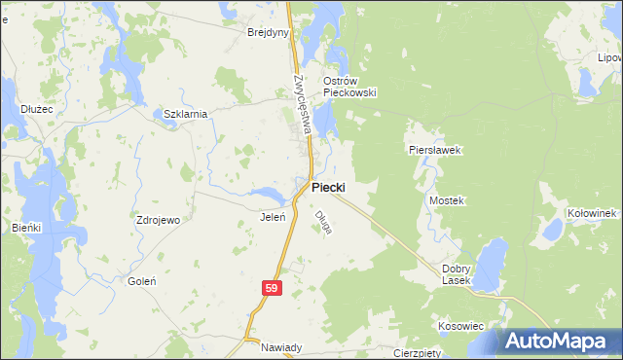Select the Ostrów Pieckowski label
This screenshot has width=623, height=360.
(349, 87)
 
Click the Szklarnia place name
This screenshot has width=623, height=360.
(186, 114)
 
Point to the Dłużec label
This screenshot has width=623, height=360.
(36, 110)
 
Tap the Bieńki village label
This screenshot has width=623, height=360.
(26, 227)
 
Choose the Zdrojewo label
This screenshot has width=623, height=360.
(159, 220)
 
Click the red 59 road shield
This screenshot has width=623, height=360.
(272, 288)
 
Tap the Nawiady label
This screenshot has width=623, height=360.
(283, 347)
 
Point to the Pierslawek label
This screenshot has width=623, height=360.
(433, 151)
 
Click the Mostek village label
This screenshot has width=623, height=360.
(448, 199)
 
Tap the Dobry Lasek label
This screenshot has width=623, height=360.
(457, 274)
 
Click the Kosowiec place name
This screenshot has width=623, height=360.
(461, 326)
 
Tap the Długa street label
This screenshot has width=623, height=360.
(323, 223)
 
